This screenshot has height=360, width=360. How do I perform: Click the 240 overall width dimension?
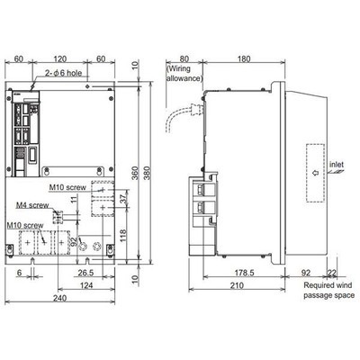pyautogui.click(x=60, y=298)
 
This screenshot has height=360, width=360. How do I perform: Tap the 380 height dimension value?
pyautogui.click(x=148, y=173)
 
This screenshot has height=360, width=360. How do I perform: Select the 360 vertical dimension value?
pyautogui.click(x=135, y=173)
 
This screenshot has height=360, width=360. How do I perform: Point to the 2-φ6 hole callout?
pyautogui.click(x=63, y=73)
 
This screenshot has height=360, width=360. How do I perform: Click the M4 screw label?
pyautogui.click(x=32, y=205)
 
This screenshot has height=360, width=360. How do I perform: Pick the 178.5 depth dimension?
pyautogui.click(x=244, y=273)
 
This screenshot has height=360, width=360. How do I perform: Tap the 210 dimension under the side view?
pyautogui.click(x=237, y=285)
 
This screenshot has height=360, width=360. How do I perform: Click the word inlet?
pyautogui.click(x=337, y=165)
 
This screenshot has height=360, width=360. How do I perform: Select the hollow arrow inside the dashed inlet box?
pyautogui.click(x=315, y=173)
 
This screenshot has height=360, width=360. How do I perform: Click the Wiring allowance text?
pyautogui.click(x=184, y=74)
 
